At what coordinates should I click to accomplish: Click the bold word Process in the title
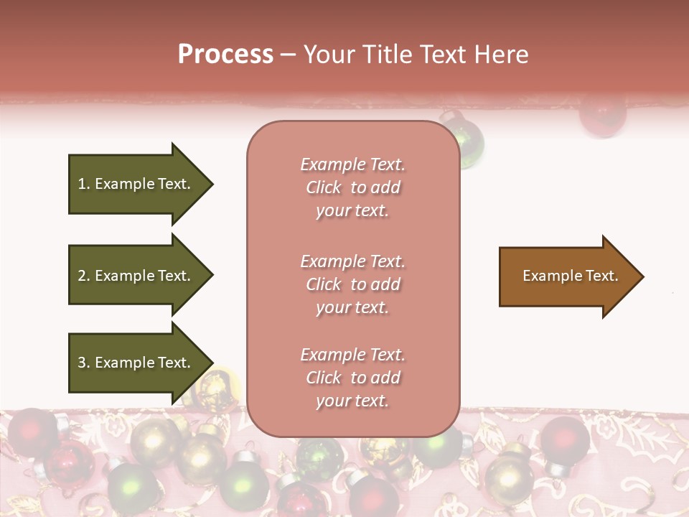click(x=225, y=55)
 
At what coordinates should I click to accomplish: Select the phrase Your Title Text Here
click(x=416, y=55)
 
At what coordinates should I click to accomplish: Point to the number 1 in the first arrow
click(x=82, y=184)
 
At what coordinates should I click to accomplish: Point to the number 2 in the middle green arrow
click(x=82, y=276)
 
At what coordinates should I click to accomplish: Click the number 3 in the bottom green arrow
click(x=82, y=363)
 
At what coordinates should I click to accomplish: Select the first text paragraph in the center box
click(x=352, y=187)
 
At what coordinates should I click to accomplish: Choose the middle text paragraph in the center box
click(x=352, y=284)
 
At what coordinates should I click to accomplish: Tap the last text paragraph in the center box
click(x=352, y=378)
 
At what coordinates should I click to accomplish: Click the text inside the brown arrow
click(x=571, y=276)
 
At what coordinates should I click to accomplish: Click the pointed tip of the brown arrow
click(x=642, y=276)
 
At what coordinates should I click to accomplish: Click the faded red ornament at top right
click(x=602, y=115)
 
